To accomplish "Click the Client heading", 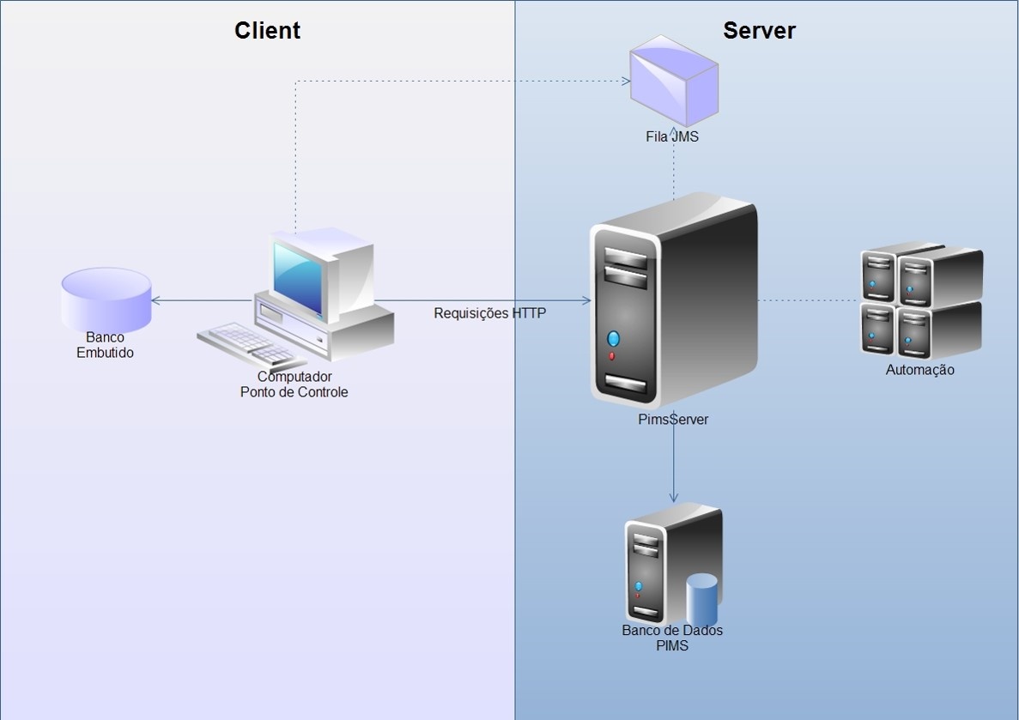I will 267,31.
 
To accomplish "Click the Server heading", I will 759,31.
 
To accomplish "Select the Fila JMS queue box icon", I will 673,82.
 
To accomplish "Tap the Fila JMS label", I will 672,136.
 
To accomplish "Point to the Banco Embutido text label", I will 105,345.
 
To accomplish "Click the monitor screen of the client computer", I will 298,276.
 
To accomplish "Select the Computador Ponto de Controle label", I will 294,384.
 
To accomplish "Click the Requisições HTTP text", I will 489,313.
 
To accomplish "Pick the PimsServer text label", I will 673,420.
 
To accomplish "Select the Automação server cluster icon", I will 921,301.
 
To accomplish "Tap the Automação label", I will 919,370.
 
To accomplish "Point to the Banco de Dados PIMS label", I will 672,638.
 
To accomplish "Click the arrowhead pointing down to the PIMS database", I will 674,497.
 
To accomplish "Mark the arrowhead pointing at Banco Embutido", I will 156,300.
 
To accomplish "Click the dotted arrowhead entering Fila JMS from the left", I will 625,82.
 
